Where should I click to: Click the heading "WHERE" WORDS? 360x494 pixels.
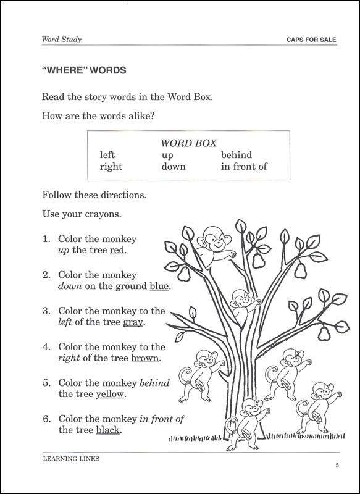[x=83, y=70]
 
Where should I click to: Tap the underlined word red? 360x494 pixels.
[x=117, y=250]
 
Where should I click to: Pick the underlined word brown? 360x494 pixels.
[x=145, y=358]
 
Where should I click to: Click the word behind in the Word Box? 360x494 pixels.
[x=237, y=155]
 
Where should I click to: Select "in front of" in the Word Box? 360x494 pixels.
[x=244, y=167]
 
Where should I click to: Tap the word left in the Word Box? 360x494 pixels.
[x=107, y=155]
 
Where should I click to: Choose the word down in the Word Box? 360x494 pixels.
[x=174, y=167]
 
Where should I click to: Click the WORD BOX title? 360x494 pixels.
[x=188, y=143]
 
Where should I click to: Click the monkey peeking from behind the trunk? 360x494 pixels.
[x=242, y=303]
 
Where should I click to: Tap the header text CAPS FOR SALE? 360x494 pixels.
[x=311, y=40]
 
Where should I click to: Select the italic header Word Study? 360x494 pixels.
[x=62, y=40]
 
